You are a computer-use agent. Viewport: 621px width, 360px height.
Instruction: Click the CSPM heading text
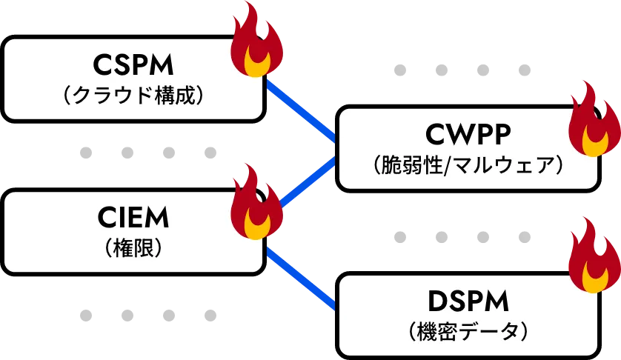click(133, 65)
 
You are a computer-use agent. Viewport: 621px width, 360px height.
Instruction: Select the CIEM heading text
click(133, 217)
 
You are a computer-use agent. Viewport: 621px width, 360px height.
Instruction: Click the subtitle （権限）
click(133, 247)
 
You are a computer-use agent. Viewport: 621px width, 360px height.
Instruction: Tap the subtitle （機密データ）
click(468, 330)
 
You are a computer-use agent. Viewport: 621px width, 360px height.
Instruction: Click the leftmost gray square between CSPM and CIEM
click(86, 151)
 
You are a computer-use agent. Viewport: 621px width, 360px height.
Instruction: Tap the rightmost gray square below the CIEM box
click(211, 316)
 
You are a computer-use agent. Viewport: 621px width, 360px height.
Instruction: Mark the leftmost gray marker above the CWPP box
click(401, 70)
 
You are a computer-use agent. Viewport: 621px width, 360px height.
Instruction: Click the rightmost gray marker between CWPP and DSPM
click(525, 239)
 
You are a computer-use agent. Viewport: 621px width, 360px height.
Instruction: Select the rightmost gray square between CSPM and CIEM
click(211, 151)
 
